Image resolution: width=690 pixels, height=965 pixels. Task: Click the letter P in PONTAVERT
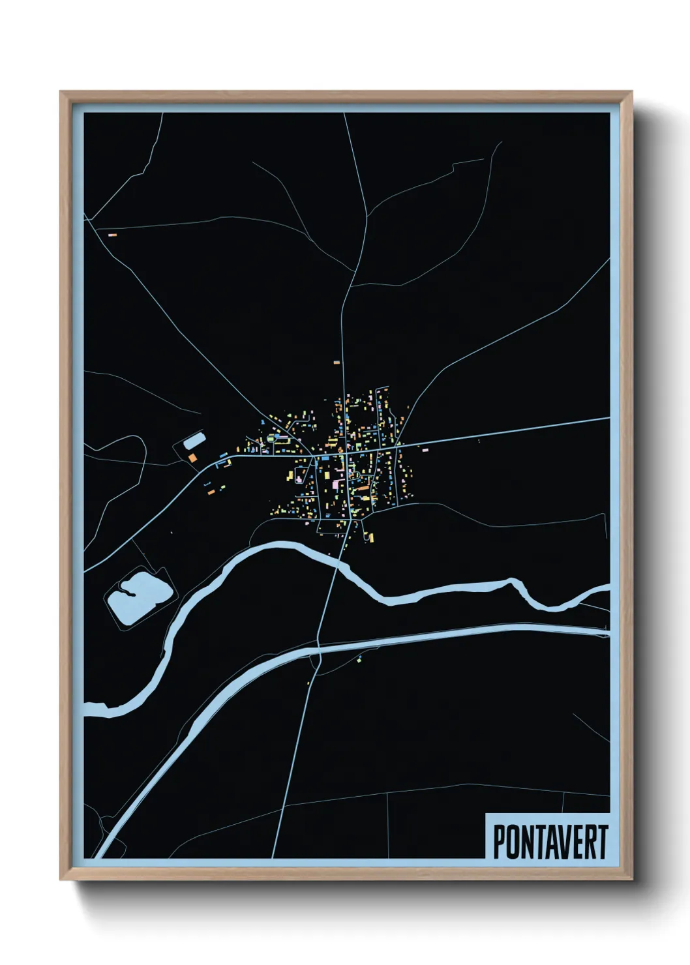pos(499,842)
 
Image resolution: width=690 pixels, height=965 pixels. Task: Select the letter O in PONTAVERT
pos(513,842)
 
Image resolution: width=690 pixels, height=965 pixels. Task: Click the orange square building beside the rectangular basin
pos(192,458)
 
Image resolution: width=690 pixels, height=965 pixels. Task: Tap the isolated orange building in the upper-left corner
pos(112,233)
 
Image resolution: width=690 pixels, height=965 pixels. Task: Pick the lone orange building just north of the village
pos(337,361)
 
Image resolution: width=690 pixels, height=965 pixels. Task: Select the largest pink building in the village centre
pos(337,484)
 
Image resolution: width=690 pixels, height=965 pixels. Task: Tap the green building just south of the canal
pos(358,661)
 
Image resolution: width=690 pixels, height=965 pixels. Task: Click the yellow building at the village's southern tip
pos(371,537)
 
